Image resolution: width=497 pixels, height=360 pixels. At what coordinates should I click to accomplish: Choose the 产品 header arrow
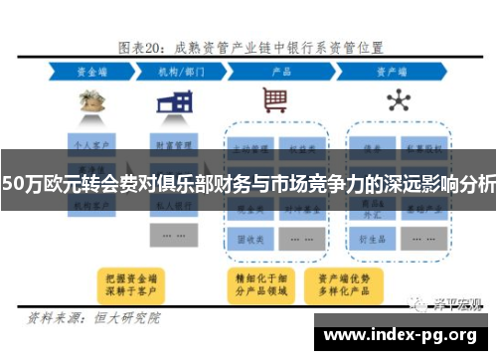coord(280,72)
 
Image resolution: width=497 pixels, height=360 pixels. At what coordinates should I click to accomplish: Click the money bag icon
coord(92,100)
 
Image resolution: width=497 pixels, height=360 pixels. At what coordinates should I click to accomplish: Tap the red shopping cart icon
coord(275,100)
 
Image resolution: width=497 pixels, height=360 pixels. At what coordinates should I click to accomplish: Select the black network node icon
coord(399,100)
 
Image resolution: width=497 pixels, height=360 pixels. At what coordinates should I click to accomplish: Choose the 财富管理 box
coord(173,143)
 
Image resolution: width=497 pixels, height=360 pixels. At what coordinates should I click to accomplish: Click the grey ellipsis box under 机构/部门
coord(173,237)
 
